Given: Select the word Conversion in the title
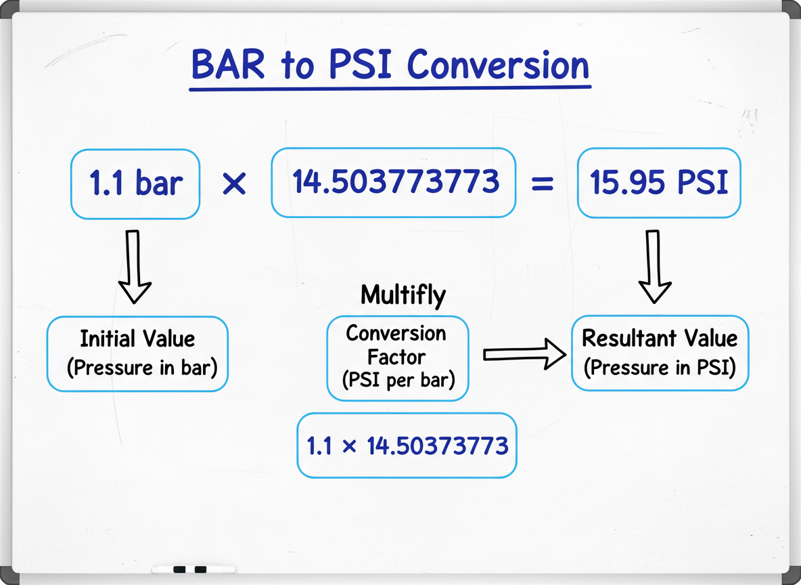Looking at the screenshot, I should [499, 66].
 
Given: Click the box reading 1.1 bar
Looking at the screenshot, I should [135, 184].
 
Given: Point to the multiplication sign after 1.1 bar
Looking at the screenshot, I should [235, 184].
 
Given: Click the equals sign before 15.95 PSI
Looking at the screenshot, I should [543, 183].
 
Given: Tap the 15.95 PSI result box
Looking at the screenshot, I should [659, 183].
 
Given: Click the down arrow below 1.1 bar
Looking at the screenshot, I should [134, 267].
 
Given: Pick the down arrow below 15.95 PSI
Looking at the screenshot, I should [655, 267].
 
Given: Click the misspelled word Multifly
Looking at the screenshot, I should [403, 295].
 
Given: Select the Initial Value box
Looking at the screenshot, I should [137, 353].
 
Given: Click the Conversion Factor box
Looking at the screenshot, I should [397, 357].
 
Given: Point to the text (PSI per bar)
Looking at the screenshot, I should [397, 381].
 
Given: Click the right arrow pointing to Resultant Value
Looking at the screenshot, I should [524, 354].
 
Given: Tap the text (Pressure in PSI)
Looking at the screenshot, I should [660, 368].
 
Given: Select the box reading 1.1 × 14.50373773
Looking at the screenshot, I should [407, 446].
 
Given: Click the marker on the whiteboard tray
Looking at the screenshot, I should [192, 569].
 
